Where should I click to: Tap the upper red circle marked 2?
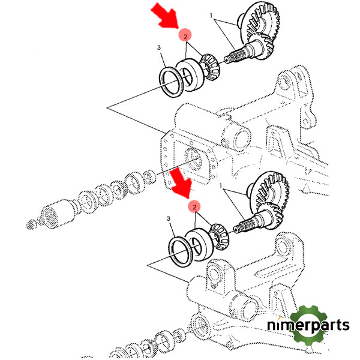tap(186, 36)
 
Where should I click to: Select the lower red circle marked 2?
tap(194, 207)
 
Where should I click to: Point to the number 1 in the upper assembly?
tap(211, 14)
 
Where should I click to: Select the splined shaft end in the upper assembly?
tap(233, 58)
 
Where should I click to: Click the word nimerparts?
tap(308, 326)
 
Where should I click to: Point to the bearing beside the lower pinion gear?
tap(203, 243)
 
